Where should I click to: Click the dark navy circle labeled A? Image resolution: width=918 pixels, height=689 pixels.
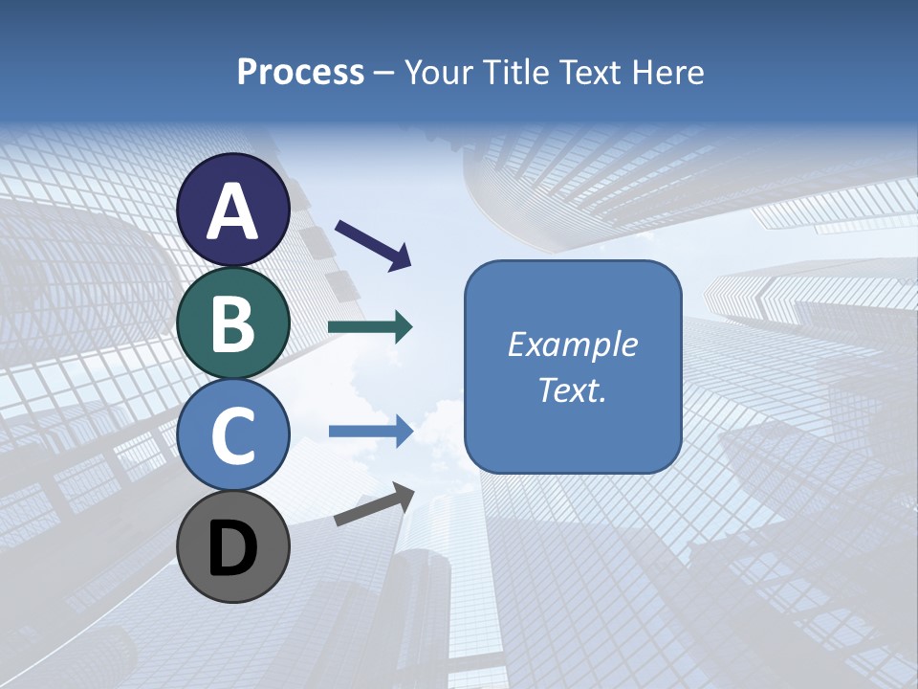233,210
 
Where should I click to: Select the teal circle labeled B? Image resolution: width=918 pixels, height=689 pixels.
233,322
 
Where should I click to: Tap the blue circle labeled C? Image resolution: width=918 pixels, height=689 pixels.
233,434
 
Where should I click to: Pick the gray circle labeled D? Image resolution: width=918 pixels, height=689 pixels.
233,546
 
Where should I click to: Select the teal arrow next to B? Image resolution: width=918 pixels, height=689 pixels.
370,327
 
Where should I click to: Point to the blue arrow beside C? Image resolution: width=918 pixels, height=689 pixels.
370,431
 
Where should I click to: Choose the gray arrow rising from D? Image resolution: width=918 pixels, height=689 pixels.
374,504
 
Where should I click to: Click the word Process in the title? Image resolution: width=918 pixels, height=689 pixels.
300,72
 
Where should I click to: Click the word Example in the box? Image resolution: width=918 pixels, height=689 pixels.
572,344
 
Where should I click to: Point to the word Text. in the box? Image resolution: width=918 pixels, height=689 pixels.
572,390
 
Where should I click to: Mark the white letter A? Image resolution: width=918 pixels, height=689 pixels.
233,211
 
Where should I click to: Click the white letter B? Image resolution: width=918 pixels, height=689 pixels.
233,323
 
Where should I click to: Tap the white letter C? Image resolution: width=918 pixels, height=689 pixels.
233,435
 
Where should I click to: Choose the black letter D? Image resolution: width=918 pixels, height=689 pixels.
233,548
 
